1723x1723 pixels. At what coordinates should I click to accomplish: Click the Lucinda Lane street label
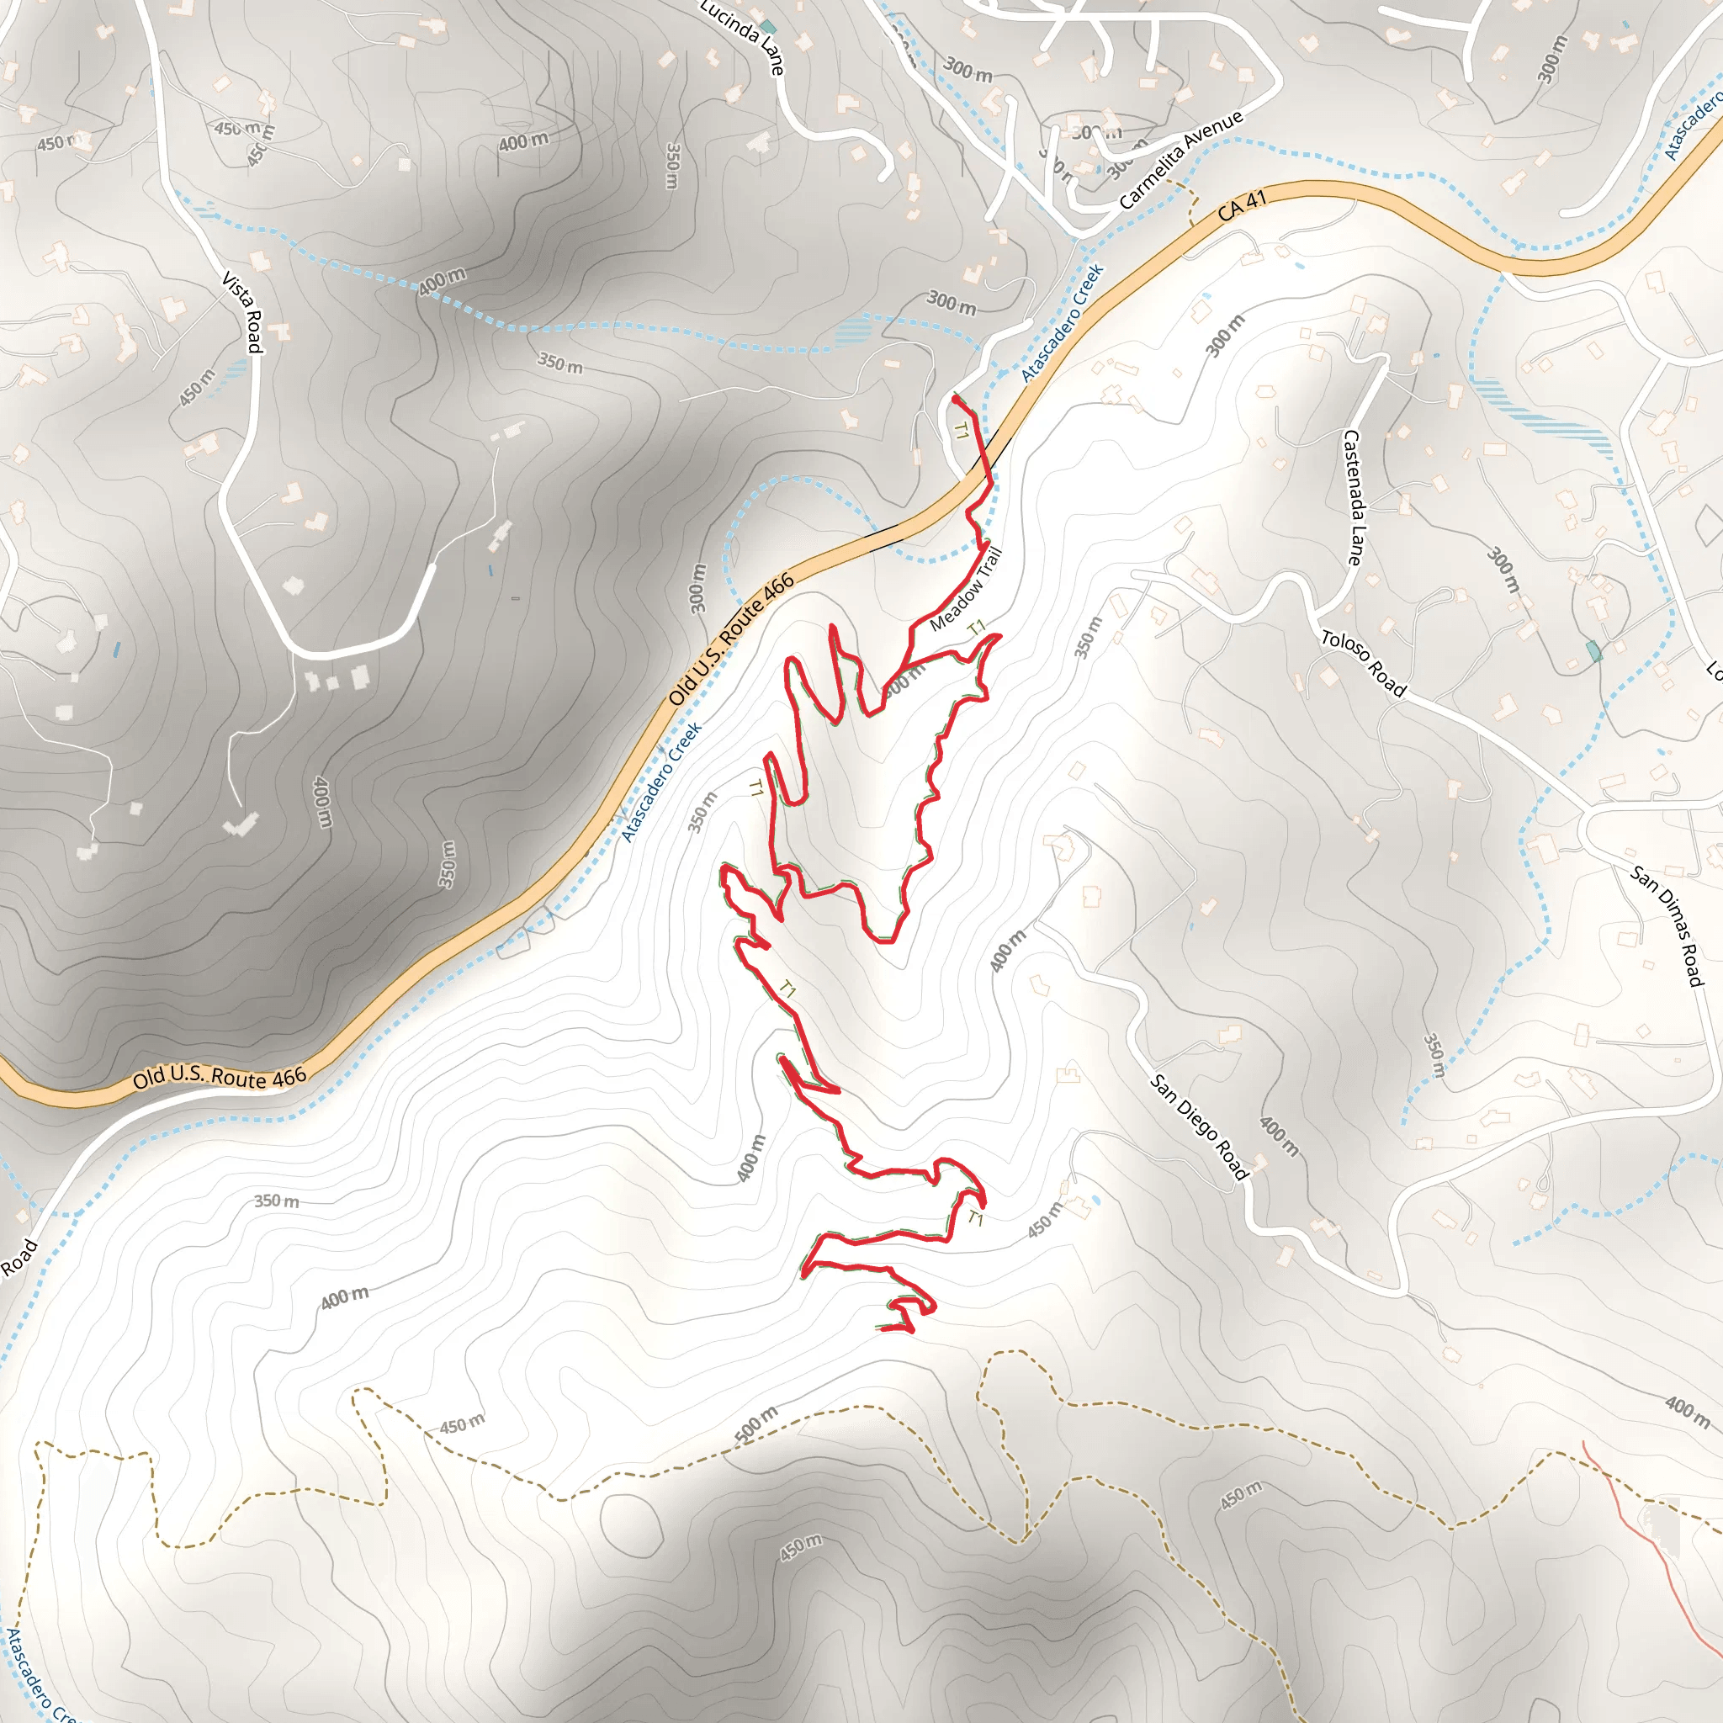point(742,35)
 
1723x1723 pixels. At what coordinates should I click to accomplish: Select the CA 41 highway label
point(1242,205)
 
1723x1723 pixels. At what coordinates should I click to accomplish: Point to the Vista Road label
point(242,312)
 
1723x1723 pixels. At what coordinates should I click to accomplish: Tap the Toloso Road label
point(1364,663)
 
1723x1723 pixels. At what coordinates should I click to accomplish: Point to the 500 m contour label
point(756,1423)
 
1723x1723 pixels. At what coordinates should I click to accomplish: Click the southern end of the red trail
point(879,1328)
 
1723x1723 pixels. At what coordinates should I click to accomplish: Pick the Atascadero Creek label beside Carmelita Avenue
point(1063,322)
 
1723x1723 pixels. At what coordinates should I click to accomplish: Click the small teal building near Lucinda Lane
point(768,26)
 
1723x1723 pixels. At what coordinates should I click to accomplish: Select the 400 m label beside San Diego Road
point(1278,1136)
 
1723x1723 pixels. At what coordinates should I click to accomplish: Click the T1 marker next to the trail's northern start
point(961,432)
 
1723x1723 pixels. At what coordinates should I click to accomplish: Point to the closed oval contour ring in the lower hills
point(632,1521)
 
